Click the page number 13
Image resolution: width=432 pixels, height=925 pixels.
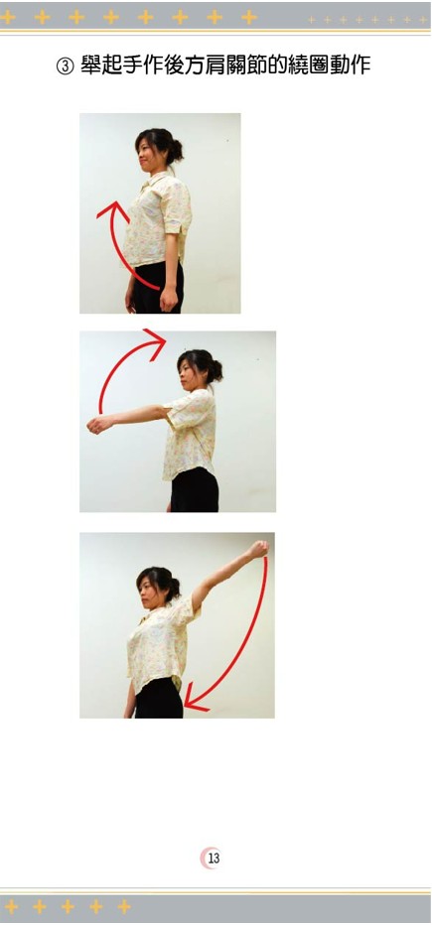click(214, 858)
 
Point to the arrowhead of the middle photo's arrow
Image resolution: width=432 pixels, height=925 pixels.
click(156, 344)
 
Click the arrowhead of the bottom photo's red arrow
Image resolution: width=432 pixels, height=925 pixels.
click(196, 699)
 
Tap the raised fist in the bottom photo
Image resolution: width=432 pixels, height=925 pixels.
click(258, 549)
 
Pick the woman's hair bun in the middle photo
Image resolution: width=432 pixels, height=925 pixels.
click(215, 369)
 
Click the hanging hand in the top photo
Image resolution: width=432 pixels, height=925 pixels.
click(168, 299)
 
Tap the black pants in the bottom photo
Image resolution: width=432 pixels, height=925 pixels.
click(158, 699)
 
